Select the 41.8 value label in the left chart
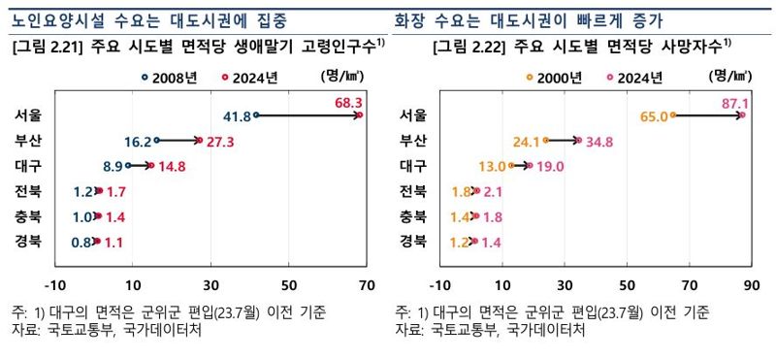coord(237,116)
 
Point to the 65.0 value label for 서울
coord(656,116)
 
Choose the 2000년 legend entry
coord(553,76)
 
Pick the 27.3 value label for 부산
coord(220,141)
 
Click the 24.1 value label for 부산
coord(526,141)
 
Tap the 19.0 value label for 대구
coord(549,166)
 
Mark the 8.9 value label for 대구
coord(112,166)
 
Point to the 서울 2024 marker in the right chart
coord(742,115)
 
